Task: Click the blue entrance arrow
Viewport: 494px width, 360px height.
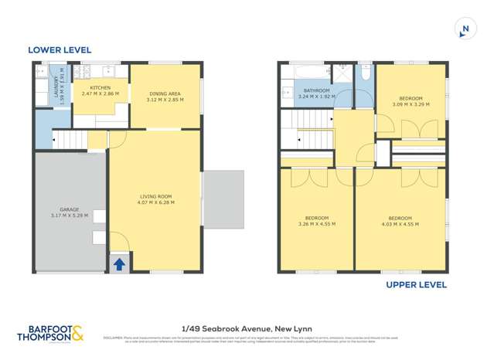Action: click(120, 263)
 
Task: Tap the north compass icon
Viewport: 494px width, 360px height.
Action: click(465, 30)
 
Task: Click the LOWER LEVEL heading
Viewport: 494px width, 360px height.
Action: click(60, 49)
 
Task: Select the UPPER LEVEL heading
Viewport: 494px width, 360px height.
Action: click(416, 285)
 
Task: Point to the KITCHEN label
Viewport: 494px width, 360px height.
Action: click(101, 88)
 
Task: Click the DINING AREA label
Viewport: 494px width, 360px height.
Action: click(165, 94)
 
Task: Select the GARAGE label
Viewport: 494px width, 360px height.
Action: click(70, 209)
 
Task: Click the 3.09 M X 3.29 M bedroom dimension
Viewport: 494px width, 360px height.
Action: click(411, 104)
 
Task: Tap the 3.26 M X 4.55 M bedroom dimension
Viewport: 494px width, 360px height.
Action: click(317, 224)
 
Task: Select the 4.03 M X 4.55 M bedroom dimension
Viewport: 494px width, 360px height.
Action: click(400, 224)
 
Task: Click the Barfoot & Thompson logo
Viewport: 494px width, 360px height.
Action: click(52, 334)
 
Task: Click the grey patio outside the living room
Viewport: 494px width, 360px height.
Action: click(223, 199)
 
